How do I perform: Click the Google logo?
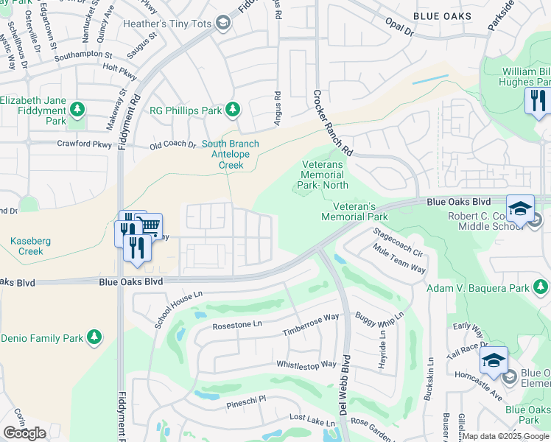[x=25, y=433]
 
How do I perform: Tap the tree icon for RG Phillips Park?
[x=233, y=110]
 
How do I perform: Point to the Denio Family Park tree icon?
[x=94, y=337]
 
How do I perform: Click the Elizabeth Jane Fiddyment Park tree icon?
[x=77, y=111]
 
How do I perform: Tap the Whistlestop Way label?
[x=306, y=365]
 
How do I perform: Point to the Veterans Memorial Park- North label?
[x=324, y=175]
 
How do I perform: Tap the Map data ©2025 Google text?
[x=505, y=436]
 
